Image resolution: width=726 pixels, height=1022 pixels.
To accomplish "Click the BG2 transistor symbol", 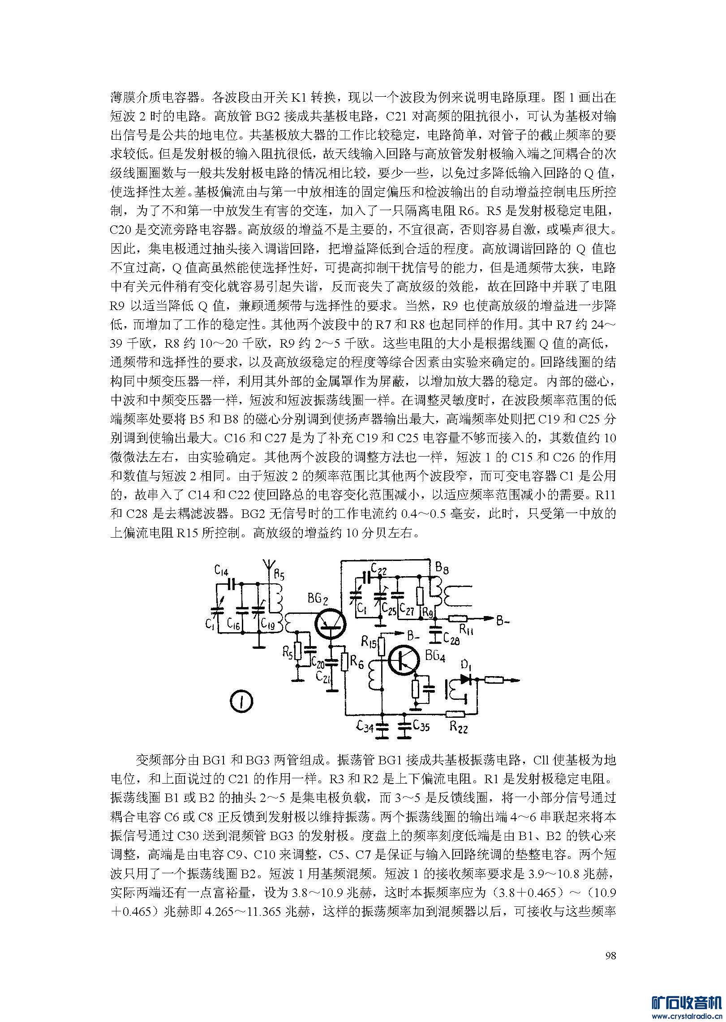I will coord(331,625).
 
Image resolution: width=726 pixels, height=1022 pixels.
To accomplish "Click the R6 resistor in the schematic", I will coord(345,661).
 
